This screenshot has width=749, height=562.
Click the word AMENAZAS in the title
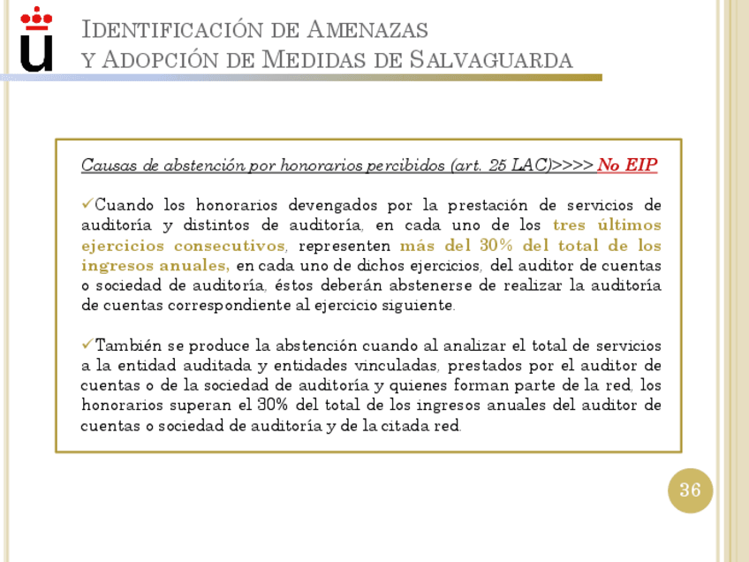click(367, 30)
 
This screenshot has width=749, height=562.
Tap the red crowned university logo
click(36, 39)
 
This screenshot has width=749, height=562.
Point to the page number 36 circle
click(690, 490)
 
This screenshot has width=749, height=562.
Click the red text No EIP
click(627, 165)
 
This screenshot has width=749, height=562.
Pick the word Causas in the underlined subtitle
click(104, 165)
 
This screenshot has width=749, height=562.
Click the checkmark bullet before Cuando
click(87, 205)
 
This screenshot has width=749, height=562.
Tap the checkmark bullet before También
click(87, 345)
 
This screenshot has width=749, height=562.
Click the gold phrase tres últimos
click(607, 225)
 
